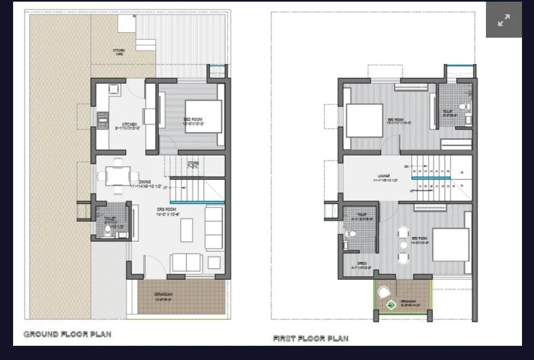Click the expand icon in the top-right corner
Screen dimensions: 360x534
[503, 20]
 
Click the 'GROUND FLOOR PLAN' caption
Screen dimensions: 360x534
[67, 334]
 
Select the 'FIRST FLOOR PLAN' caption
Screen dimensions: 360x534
[310, 339]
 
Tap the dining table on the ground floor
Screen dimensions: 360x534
[118, 176]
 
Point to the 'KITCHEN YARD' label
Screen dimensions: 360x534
[118, 52]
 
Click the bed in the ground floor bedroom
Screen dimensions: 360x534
[203, 116]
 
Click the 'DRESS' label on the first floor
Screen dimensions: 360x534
[361, 263]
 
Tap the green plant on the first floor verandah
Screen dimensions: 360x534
[391, 305]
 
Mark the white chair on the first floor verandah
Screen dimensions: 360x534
[384, 293]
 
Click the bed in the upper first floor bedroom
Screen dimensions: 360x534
[364, 120]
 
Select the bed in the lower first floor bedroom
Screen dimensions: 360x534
[450, 244]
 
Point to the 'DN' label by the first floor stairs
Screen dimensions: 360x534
[406, 166]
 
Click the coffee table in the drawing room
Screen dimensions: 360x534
[187, 230]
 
